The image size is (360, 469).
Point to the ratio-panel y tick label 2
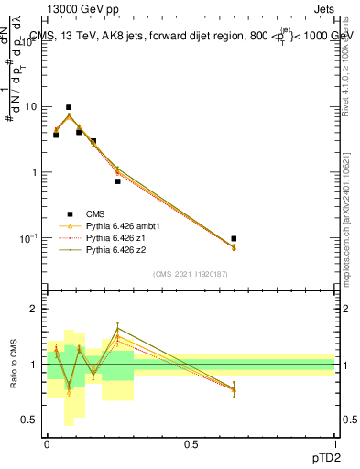click(34, 309)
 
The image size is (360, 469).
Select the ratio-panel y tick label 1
click(34, 365)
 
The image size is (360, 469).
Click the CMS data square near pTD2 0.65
click(234, 238)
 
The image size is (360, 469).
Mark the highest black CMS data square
click(68, 107)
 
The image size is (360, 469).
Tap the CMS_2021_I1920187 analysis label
click(190, 274)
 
